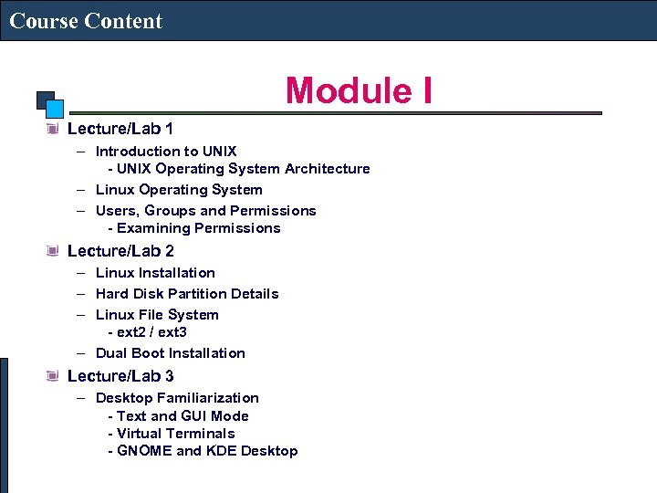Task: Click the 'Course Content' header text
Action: (86, 20)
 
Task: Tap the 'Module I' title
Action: (359, 90)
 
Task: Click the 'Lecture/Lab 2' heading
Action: (120, 250)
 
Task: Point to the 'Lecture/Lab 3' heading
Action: (120, 375)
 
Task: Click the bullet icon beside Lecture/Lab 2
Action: (52, 250)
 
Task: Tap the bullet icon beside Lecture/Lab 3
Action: (52, 375)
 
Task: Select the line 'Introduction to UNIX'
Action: (166, 151)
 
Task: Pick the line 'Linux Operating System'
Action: (179, 190)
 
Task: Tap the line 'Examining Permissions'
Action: (198, 228)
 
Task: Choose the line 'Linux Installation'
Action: (155, 273)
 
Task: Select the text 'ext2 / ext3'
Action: (151, 332)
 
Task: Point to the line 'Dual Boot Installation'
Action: (170, 353)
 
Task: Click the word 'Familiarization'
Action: (208, 398)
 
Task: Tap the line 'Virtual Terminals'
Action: (175, 434)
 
